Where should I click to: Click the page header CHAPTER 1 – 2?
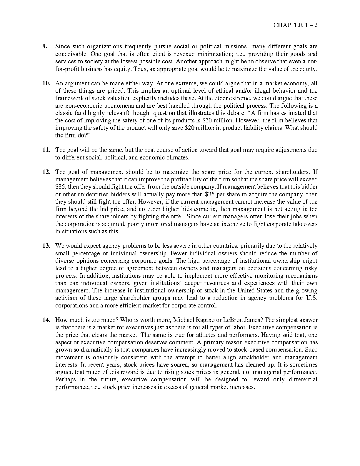click(x=295, y=25)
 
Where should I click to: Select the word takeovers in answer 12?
click(x=305, y=224)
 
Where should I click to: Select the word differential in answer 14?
click(x=303, y=379)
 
